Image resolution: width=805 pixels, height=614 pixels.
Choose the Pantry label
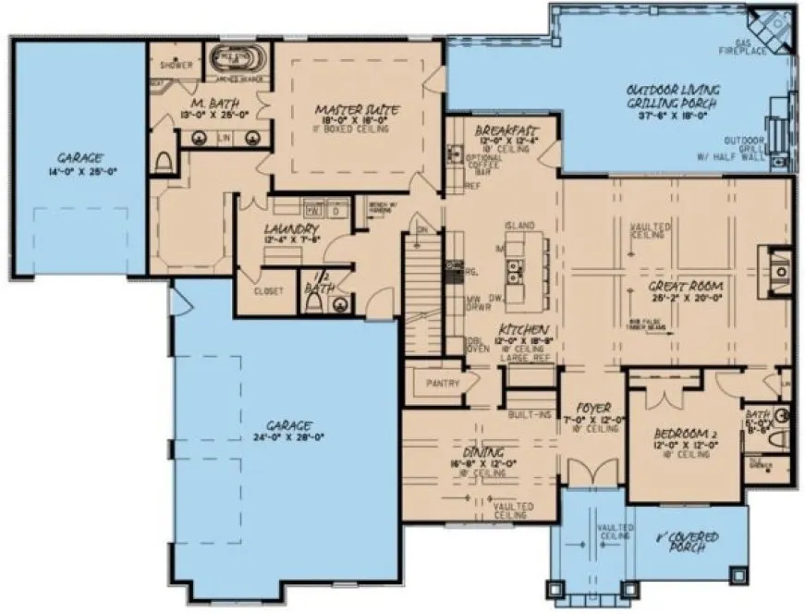pos(443,381)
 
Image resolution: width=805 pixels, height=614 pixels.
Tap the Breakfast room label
pos(500,131)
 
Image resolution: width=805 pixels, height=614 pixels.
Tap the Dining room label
pos(484,452)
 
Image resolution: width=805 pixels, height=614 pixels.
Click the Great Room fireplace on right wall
pos(778,269)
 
